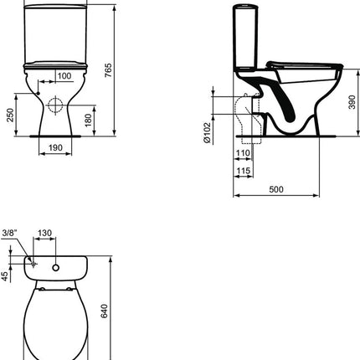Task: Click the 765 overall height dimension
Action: point(108,70)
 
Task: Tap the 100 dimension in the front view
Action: point(64,76)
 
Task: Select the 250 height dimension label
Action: point(10,115)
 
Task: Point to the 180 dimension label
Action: point(88,120)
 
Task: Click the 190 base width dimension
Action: point(55,147)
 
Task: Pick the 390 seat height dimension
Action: point(352,102)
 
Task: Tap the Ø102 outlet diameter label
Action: point(207,132)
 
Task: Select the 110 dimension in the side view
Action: point(243,153)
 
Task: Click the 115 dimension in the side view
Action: point(244,171)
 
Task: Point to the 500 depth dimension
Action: point(276,189)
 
